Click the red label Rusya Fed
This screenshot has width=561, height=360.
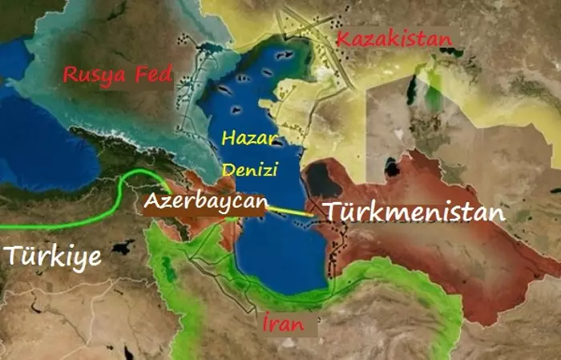click(x=118, y=75)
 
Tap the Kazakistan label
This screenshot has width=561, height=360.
click(x=394, y=38)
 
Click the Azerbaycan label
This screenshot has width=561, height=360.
click(x=204, y=202)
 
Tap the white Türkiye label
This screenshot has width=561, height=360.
click(x=52, y=256)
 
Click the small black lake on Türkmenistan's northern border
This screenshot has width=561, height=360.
click(x=392, y=168)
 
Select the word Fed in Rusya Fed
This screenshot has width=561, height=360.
click(x=155, y=75)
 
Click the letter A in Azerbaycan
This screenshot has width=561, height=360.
click(x=151, y=202)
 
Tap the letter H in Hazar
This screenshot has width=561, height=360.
click(x=228, y=139)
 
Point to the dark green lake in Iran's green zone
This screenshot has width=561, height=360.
click(x=171, y=273)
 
